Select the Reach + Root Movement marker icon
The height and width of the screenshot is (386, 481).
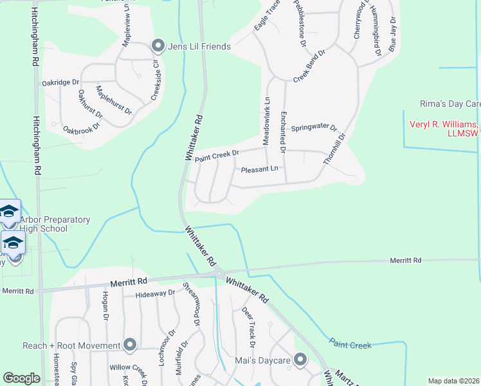click(130, 345)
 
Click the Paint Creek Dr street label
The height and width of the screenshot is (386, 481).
click(217, 155)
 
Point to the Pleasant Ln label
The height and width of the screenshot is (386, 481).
click(259, 170)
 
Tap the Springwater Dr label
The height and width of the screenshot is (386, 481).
click(314, 127)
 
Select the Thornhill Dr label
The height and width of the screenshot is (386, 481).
click(334, 149)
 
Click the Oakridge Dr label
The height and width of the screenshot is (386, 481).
click(60, 83)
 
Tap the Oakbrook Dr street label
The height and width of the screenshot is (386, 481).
click(82, 120)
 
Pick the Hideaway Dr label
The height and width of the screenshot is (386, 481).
click(155, 294)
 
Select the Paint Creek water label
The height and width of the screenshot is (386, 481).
click(350, 345)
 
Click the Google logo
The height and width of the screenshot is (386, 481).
click(21, 378)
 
